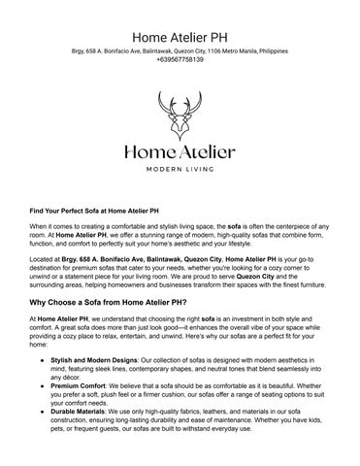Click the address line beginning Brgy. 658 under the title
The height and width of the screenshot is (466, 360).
pos(180,49)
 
